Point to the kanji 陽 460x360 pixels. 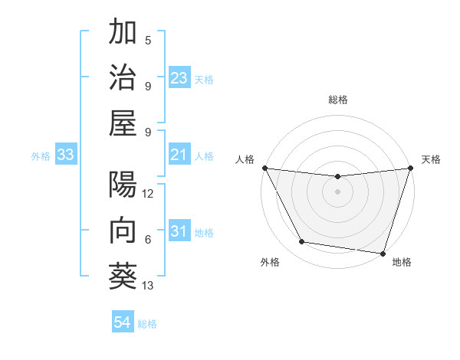123,186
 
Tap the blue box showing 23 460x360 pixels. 179,78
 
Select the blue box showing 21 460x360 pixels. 179,155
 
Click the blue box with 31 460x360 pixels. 179,231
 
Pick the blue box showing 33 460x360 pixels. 65,155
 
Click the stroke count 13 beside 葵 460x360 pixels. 149,286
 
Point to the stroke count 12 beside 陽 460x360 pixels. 149,195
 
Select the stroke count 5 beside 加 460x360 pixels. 148,40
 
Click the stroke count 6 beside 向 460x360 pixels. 148,240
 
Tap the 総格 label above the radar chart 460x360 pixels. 337,100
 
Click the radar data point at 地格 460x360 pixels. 383,253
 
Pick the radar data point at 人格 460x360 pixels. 264,168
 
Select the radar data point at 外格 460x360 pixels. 302,242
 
